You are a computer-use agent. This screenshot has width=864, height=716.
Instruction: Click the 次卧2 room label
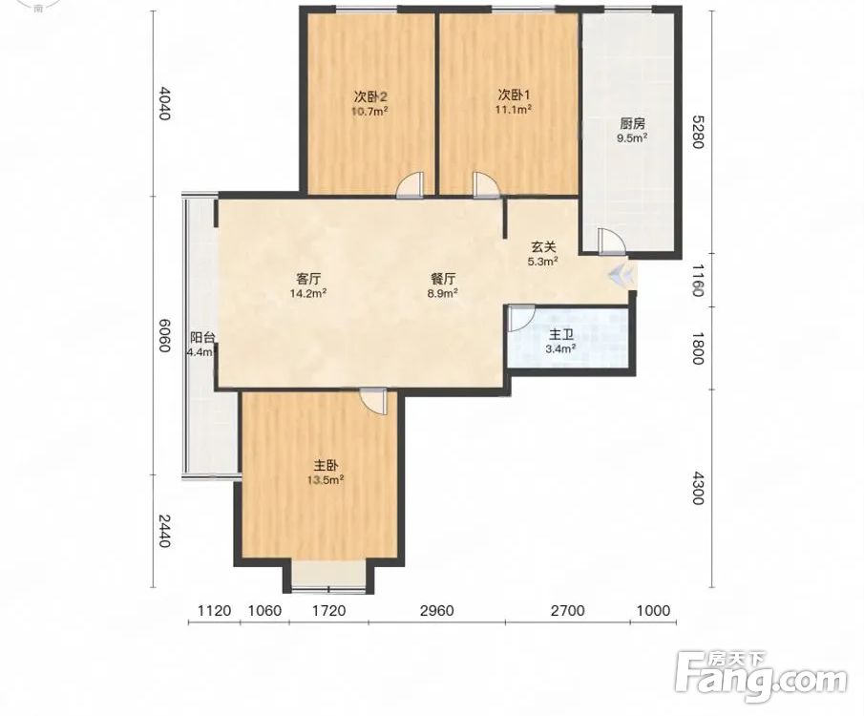tap(370, 97)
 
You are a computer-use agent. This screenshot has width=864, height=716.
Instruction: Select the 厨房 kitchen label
tap(632, 124)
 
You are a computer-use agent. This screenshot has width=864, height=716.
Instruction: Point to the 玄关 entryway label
tap(543, 247)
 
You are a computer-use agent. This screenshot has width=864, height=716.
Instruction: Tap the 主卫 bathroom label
tap(561, 334)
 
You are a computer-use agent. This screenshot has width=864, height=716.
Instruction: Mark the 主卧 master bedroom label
tap(327, 465)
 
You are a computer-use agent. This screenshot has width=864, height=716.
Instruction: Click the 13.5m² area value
tap(327, 479)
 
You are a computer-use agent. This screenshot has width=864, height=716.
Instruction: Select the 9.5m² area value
tap(632, 137)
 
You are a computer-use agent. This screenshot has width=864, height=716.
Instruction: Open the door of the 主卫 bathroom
tap(521, 319)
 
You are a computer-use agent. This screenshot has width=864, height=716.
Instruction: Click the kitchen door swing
tap(612, 242)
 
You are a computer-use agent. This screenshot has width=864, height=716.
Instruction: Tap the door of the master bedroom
tap(373, 400)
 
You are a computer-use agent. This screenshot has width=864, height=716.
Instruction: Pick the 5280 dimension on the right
tap(698, 132)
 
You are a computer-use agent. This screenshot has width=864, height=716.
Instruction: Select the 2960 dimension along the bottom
tap(437, 610)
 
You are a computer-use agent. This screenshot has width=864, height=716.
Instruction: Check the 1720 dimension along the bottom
tap(329, 610)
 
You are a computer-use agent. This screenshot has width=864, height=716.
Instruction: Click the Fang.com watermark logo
tap(761, 676)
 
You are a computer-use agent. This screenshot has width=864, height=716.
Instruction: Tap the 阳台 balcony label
tap(201, 337)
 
